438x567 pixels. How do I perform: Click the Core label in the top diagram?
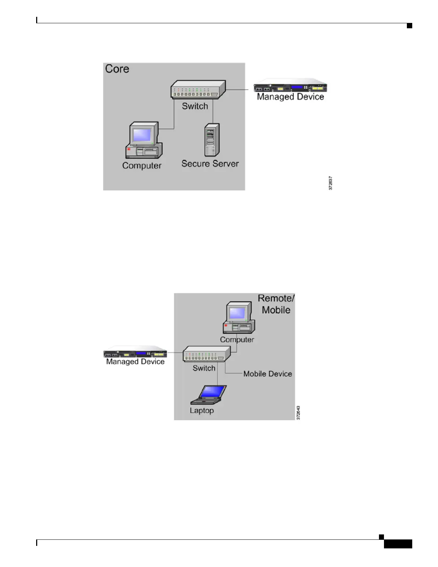pos(117,69)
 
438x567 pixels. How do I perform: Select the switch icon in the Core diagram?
pos(198,89)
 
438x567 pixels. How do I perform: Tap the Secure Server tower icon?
pos(211,140)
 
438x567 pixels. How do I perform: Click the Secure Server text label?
pos(210,164)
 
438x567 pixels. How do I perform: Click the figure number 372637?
pos(331,183)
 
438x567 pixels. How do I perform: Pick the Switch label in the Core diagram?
pos(195,106)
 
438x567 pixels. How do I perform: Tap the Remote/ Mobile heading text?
pos(276,304)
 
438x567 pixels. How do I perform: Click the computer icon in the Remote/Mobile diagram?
pos(239,318)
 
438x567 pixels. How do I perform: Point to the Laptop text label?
pos(202,411)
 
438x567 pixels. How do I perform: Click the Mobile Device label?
pos(268,374)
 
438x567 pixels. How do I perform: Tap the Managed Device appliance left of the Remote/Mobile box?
pos(135,353)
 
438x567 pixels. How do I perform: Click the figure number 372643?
pos(298,413)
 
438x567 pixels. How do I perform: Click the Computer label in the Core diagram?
pos(142,166)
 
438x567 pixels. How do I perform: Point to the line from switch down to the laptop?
pos(218,374)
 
